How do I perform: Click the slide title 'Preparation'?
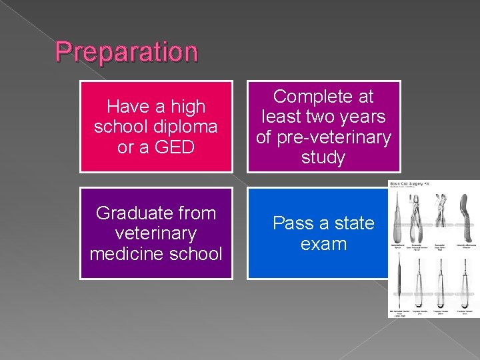[126, 51]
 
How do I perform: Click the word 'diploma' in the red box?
[187, 127]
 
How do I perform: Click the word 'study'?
[323, 157]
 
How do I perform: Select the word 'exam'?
[323, 244]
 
